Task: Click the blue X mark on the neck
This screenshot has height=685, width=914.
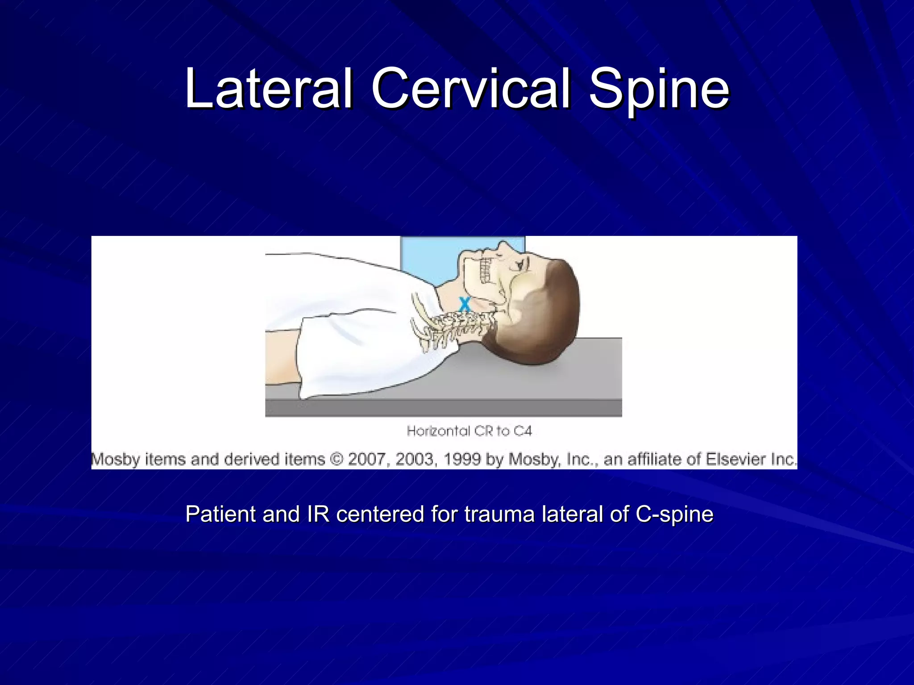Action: point(465,304)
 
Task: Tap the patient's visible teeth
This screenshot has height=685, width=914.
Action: point(485,270)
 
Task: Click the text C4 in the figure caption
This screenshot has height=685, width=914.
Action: point(522,431)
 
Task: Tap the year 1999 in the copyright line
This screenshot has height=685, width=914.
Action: point(462,459)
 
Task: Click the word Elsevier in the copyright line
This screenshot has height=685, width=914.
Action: point(732,459)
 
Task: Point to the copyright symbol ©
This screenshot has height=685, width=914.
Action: point(336,459)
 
